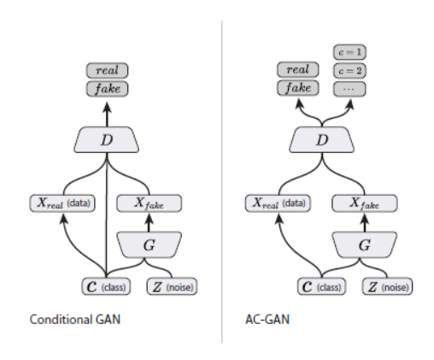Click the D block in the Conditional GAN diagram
pos(108,139)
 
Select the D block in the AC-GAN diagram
pos(321,139)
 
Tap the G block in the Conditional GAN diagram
pos(150,245)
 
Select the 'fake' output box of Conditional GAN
pos(107,88)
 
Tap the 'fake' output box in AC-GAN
pos(298,88)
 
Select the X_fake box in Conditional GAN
pos(150,204)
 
